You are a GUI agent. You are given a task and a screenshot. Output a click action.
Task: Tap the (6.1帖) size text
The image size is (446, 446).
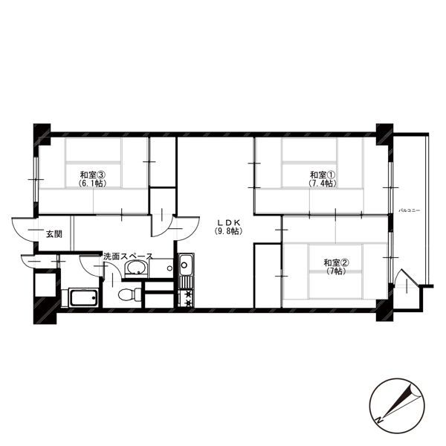pyautogui.click(x=93, y=184)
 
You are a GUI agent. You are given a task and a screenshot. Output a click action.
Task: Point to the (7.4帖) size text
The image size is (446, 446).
pyautogui.click(x=323, y=184)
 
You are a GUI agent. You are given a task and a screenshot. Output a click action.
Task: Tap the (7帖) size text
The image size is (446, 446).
pyautogui.click(x=336, y=271)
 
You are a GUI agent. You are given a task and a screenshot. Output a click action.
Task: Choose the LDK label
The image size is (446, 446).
pyautogui.click(x=229, y=222)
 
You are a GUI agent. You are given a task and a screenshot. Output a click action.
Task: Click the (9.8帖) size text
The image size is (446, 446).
pyautogui.click(x=229, y=231)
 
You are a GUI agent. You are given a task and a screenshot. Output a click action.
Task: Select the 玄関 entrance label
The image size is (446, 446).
pyautogui.click(x=54, y=234)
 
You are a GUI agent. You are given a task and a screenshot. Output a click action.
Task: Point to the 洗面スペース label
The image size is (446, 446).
pyautogui.click(x=129, y=256)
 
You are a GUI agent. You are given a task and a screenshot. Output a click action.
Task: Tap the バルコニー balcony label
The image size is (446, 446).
pyautogui.click(x=409, y=211)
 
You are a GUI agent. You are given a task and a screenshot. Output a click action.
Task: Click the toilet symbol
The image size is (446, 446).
pyautogui.click(x=129, y=294)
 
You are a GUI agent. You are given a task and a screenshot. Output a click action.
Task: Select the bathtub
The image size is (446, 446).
pyautogui.click(x=84, y=298)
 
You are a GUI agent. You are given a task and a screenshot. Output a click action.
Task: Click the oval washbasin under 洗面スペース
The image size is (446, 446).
pyautogui.click(x=137, y=268)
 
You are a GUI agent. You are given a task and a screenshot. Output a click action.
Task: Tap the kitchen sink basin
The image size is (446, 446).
pyautogui.click(x=186, y=265)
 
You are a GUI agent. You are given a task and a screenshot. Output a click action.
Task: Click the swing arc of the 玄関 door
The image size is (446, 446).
pyautogui.click(x=20, y=234)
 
